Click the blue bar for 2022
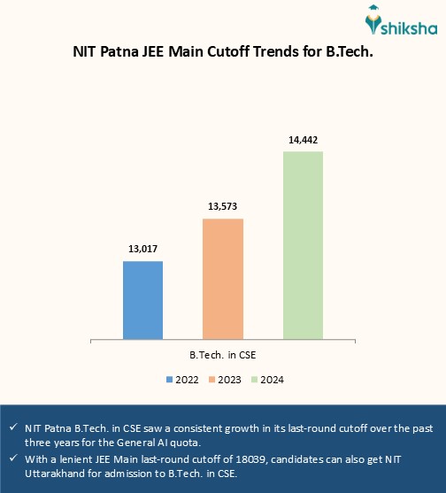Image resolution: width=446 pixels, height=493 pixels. (x=142, y=299)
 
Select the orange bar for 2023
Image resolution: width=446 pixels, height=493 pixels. (x=223, y=278)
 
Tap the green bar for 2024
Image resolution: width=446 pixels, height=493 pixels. (x=303, y=244)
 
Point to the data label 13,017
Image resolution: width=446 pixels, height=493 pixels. (x=142, y=249)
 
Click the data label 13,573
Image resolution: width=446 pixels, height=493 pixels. (x=223, y=206)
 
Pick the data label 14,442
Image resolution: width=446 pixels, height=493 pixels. (x=303, y=139)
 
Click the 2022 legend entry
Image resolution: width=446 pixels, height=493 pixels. (x=181, y=379)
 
